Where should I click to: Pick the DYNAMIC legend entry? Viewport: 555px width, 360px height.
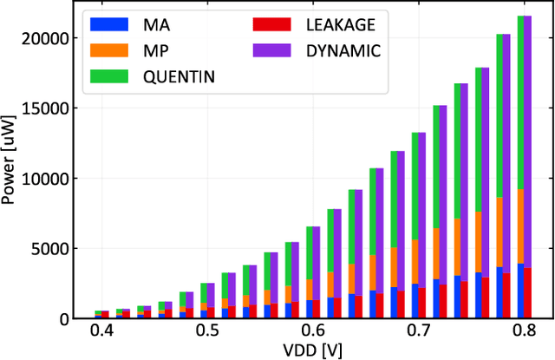click(343, 50)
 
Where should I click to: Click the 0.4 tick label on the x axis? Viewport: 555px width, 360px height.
click(101, 332)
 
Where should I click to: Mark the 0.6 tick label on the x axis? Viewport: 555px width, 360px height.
click(312, 332)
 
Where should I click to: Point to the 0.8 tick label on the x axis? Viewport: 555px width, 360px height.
click(524, 332)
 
